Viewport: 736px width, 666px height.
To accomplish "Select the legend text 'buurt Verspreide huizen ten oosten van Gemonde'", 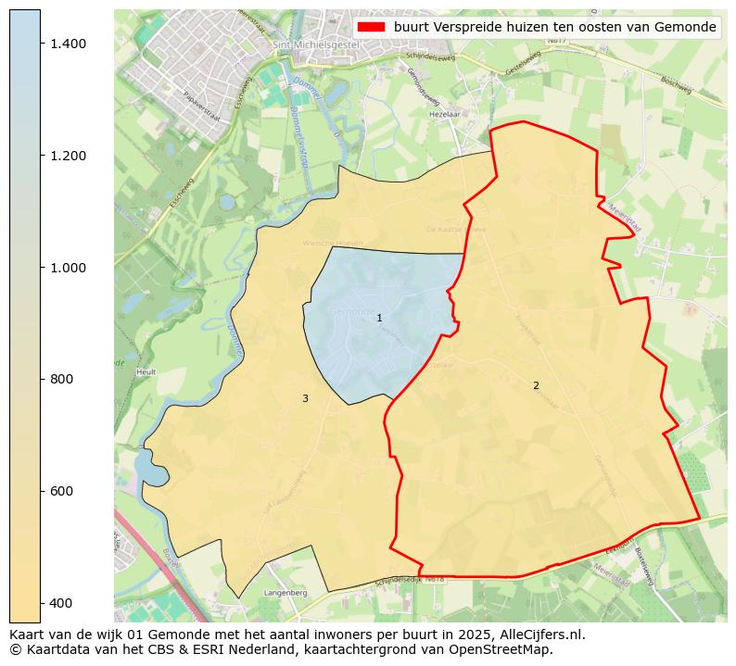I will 554,27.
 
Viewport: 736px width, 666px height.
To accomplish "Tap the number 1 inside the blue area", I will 379,319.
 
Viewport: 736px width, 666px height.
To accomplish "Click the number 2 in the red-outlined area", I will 536,385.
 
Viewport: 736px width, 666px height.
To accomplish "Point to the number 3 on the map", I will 305,398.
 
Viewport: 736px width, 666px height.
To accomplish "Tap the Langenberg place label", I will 285,592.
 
